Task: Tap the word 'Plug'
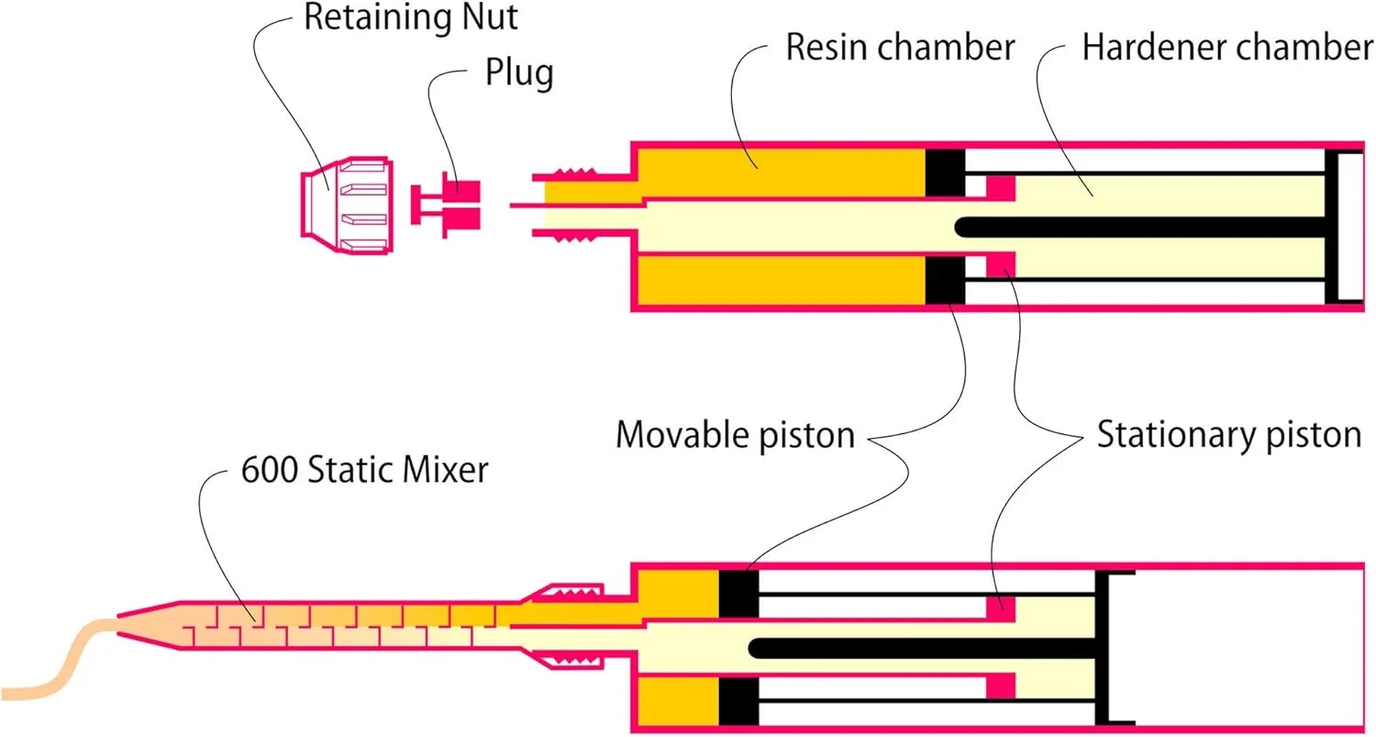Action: click(x=519, y=73)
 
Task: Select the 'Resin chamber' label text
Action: click(x=900, y=48)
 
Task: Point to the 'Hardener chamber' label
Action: click(x=1226, y=48)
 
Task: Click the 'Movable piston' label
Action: click(x=735, y=434)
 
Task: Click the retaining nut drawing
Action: click(x=343, y=205)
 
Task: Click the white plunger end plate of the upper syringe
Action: click(x=1349, y=227)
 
